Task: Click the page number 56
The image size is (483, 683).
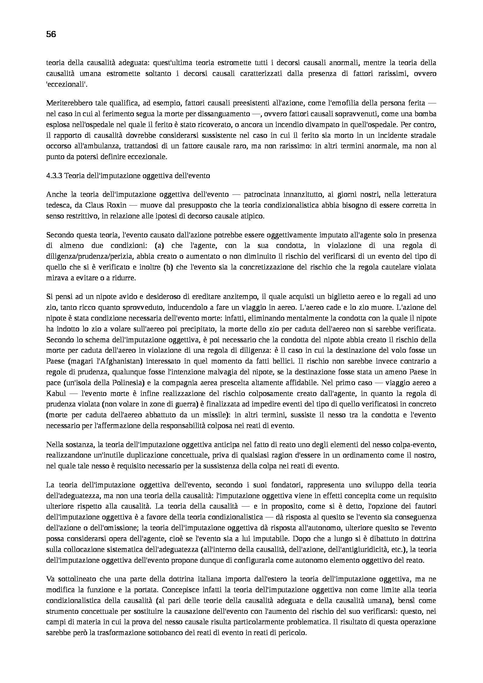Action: [x=51, y=34]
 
